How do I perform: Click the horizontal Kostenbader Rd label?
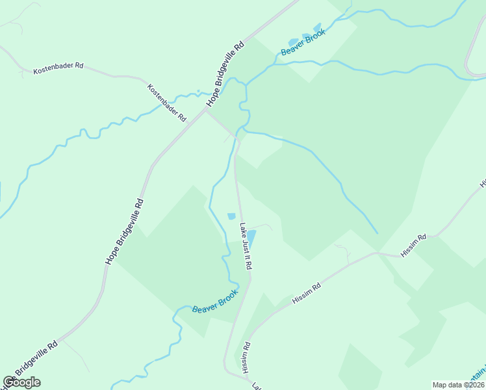(x=59, y=66)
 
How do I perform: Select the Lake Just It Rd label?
(x=246, y=247)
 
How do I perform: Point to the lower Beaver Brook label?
(x=215, y=300)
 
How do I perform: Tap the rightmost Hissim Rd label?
(x=413, y=246)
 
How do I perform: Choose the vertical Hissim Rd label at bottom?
(x=246, y=359)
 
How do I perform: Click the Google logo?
(x=22, y=382)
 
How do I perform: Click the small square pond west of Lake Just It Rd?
(x=231, y=216)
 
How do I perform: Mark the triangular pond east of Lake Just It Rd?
(x=251, y=235)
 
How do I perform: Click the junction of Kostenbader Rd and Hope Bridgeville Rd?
(x=206, y=110)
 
